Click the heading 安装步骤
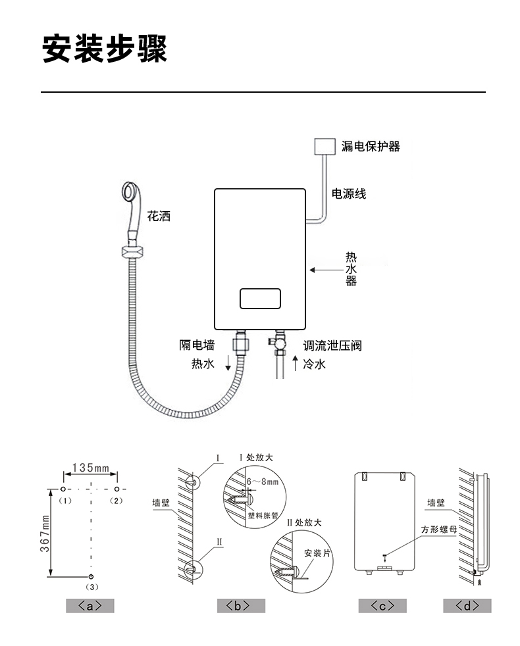(x=105, y=49)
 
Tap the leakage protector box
(x=325, y=146)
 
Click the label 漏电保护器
(x=371, y=146)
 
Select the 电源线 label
(x=349, y=193)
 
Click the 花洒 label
(x=159, y=216)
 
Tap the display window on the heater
(x=260, y=299)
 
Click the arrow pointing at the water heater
(x=326, y=270)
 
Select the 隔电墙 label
(x=197, y=345)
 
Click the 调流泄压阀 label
(x=332, y=345)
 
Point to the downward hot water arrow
(x=228, y=362)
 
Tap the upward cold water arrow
(x=295, y=363)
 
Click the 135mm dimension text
(x=91, y=468)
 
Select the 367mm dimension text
(x=45, y=534)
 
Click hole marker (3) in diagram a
(x=91, y=576)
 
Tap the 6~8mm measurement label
(x=262, y=482)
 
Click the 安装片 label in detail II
(x=317, y=553)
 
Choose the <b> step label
(x=241, y=606)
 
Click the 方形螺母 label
(x=439, y=530)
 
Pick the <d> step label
(x=467, y=606)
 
